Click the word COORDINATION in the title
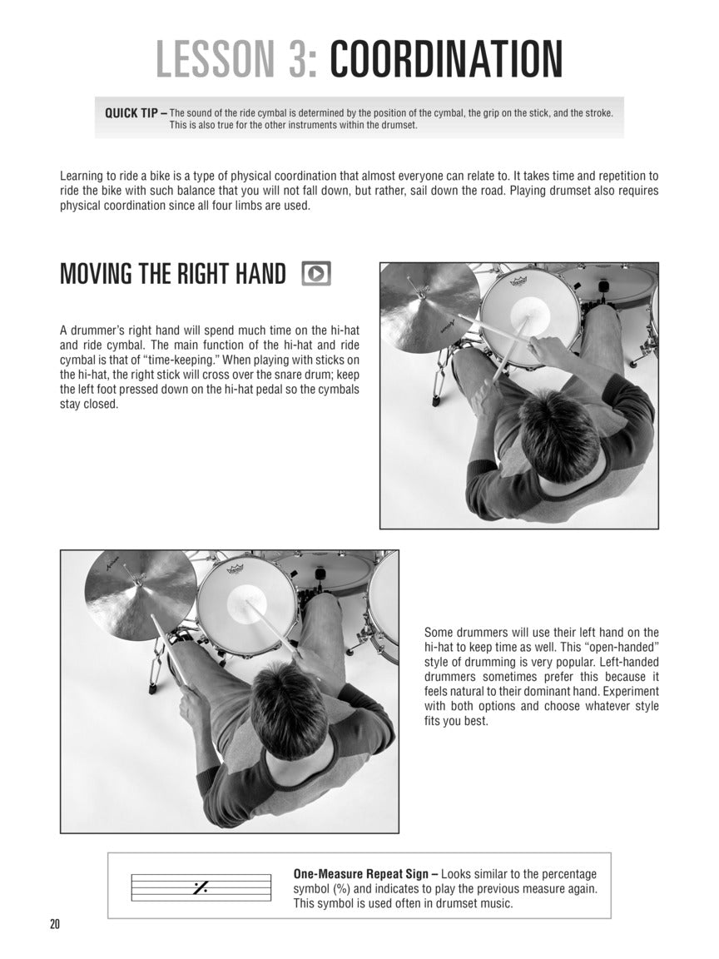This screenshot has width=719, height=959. (x=446, y=59)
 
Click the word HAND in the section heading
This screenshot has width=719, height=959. (x=254, y=274)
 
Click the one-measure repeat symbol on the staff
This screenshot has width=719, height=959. (x=200, y=887)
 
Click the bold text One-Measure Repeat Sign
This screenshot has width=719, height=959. (x=364, y=874)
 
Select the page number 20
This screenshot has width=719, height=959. (x=56, y=924)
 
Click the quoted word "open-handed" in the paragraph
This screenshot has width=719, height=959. (x=613, y=648)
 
